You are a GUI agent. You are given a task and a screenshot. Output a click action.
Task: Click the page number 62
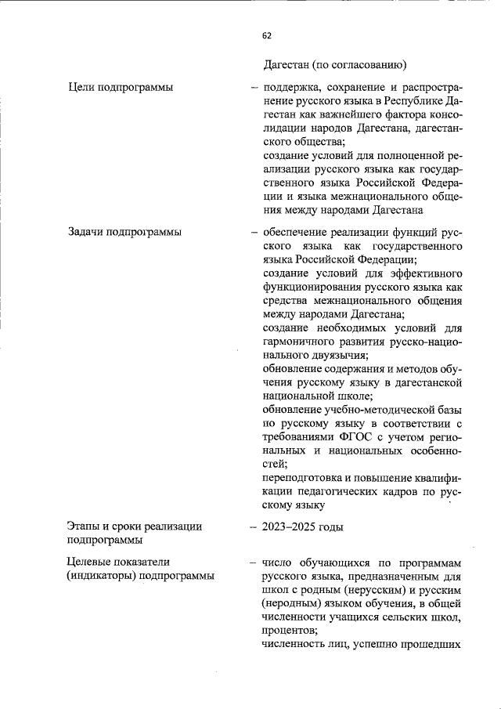pos(267,35)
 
